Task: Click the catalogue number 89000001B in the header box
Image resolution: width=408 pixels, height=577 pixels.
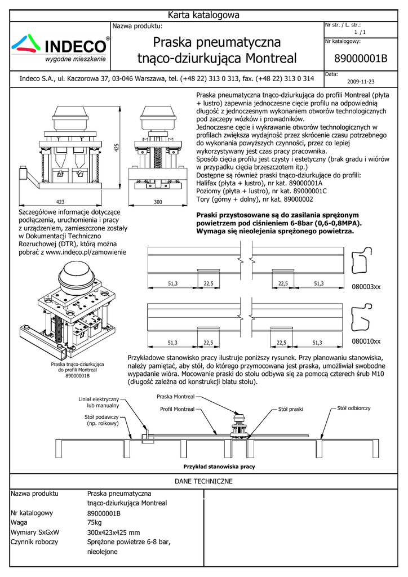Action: click(361, 59)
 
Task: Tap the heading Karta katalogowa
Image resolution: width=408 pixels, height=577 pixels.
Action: click(204, 15)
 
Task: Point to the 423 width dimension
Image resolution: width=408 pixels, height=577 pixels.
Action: click(60, 201)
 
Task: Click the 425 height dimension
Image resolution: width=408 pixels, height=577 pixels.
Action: click(117, 147)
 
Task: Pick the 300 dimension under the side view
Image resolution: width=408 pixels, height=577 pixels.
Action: click(157, 201)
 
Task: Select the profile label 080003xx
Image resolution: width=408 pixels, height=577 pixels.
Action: click(366, 287)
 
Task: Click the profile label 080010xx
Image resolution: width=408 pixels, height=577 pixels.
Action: click(366, 341)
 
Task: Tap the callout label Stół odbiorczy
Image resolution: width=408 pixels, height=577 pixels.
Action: click(353, 407)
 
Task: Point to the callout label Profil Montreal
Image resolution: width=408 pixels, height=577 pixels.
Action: click(177, 409)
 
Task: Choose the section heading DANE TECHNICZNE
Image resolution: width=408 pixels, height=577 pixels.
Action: click(204, 482)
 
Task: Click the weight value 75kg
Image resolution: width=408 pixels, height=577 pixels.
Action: click(95, 522)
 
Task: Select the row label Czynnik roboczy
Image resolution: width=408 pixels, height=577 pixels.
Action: click(34, 542)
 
